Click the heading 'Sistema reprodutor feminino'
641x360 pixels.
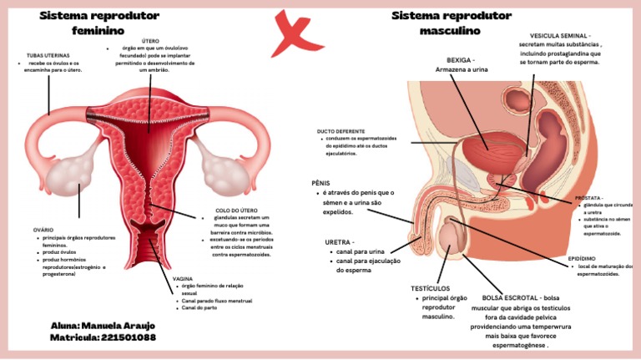99,23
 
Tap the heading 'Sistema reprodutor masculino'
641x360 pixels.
451,23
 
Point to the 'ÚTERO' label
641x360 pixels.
150,40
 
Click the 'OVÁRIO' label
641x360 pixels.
43,229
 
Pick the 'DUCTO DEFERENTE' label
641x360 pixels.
341,131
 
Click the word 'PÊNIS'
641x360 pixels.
320,181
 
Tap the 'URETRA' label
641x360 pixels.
339,242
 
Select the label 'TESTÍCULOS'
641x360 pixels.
430,288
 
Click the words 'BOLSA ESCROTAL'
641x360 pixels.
511,297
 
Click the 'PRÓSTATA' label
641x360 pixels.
589,198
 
